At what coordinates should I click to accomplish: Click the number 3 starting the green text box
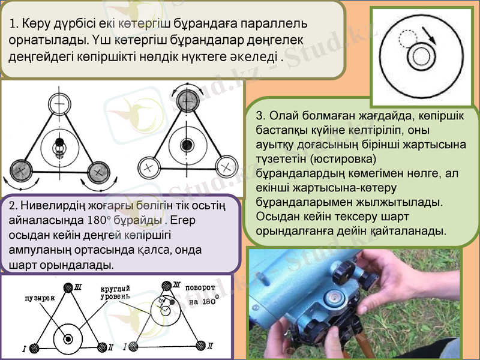tap(259, 116)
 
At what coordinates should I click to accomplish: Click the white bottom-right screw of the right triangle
tap(226, 165)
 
